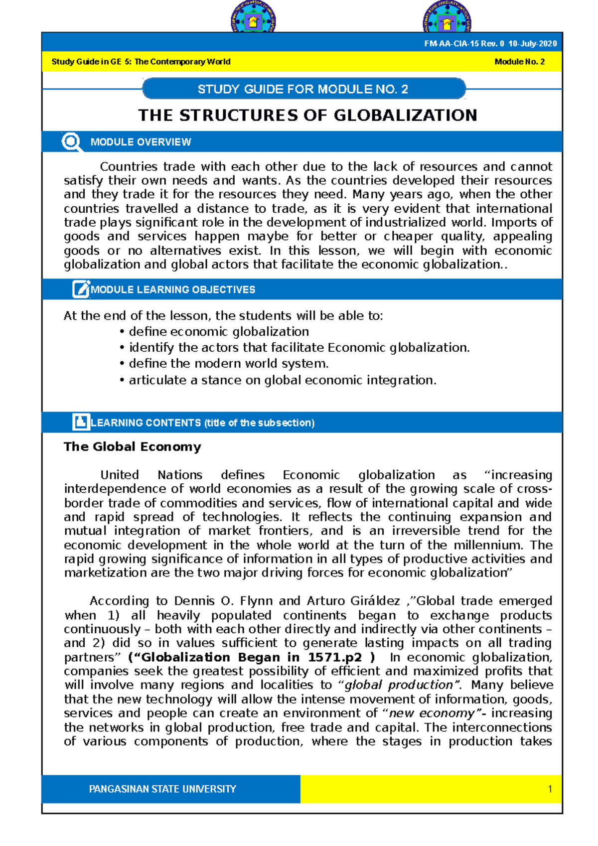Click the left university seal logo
click(253, 19)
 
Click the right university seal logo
click(447, 19)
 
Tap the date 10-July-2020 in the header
click(532, 44)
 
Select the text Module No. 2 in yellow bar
click(519, 62)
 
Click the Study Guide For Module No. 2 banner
click(303, 89)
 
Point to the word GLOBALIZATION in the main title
click(405, 116)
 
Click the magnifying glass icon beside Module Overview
click(71, 142)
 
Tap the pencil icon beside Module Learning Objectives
click(81, 289)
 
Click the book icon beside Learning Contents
click(81, 422)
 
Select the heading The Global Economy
click(133, 447)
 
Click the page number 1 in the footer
click(550, 789)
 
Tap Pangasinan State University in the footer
click(162, 789)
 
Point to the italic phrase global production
click(399, 686)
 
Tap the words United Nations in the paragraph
click(151, 475)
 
